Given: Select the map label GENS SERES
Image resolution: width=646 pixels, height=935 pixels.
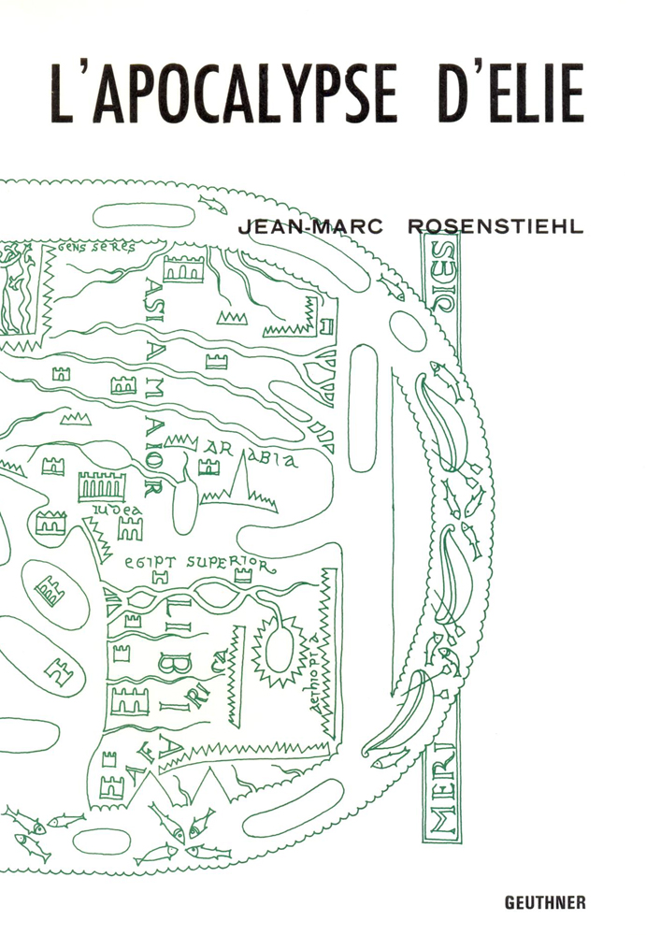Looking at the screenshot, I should tap(94, 249).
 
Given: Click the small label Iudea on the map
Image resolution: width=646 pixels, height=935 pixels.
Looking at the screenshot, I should tap(117, 508).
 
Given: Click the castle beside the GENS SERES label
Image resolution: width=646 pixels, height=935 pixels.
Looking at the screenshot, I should tap(183, 269).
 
